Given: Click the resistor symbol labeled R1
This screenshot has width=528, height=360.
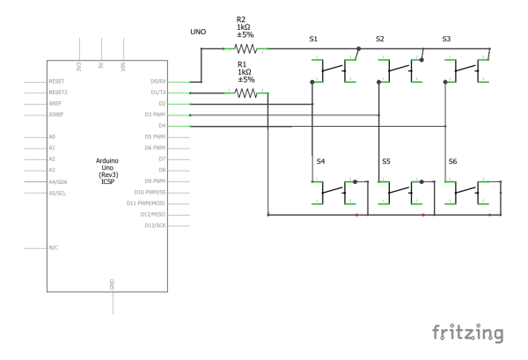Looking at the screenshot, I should [x=246, y=92].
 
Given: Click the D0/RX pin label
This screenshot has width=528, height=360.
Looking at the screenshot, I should [x=156, y=82].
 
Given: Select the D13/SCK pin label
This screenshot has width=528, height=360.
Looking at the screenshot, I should [x=154, y=225].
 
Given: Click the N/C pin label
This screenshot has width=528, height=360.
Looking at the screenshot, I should [x=55, y=248].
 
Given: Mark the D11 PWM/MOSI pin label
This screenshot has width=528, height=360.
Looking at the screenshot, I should [x=148, y=203].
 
